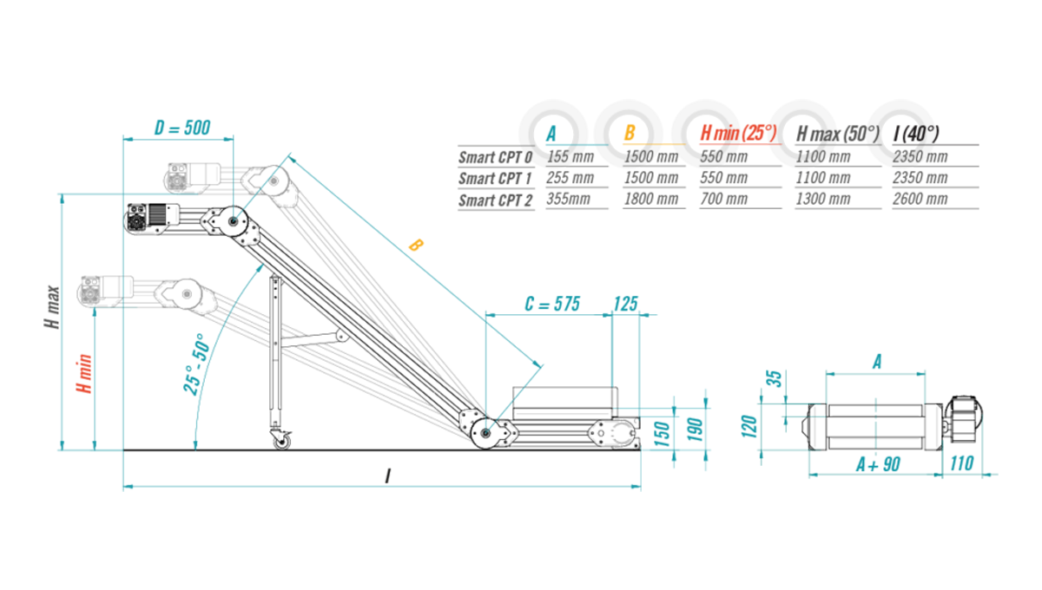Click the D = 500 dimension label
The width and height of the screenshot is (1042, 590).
181,128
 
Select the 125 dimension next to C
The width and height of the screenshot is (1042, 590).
625,304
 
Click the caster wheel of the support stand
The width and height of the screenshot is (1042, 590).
281,441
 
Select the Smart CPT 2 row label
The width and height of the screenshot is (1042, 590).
495,200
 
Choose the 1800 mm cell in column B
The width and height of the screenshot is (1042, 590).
650,200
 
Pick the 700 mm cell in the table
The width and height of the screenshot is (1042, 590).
723,200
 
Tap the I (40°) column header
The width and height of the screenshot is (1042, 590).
915,134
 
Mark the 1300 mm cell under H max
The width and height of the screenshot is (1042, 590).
822,200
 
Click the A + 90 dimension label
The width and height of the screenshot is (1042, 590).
877,464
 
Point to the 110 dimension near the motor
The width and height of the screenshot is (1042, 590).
962,464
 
